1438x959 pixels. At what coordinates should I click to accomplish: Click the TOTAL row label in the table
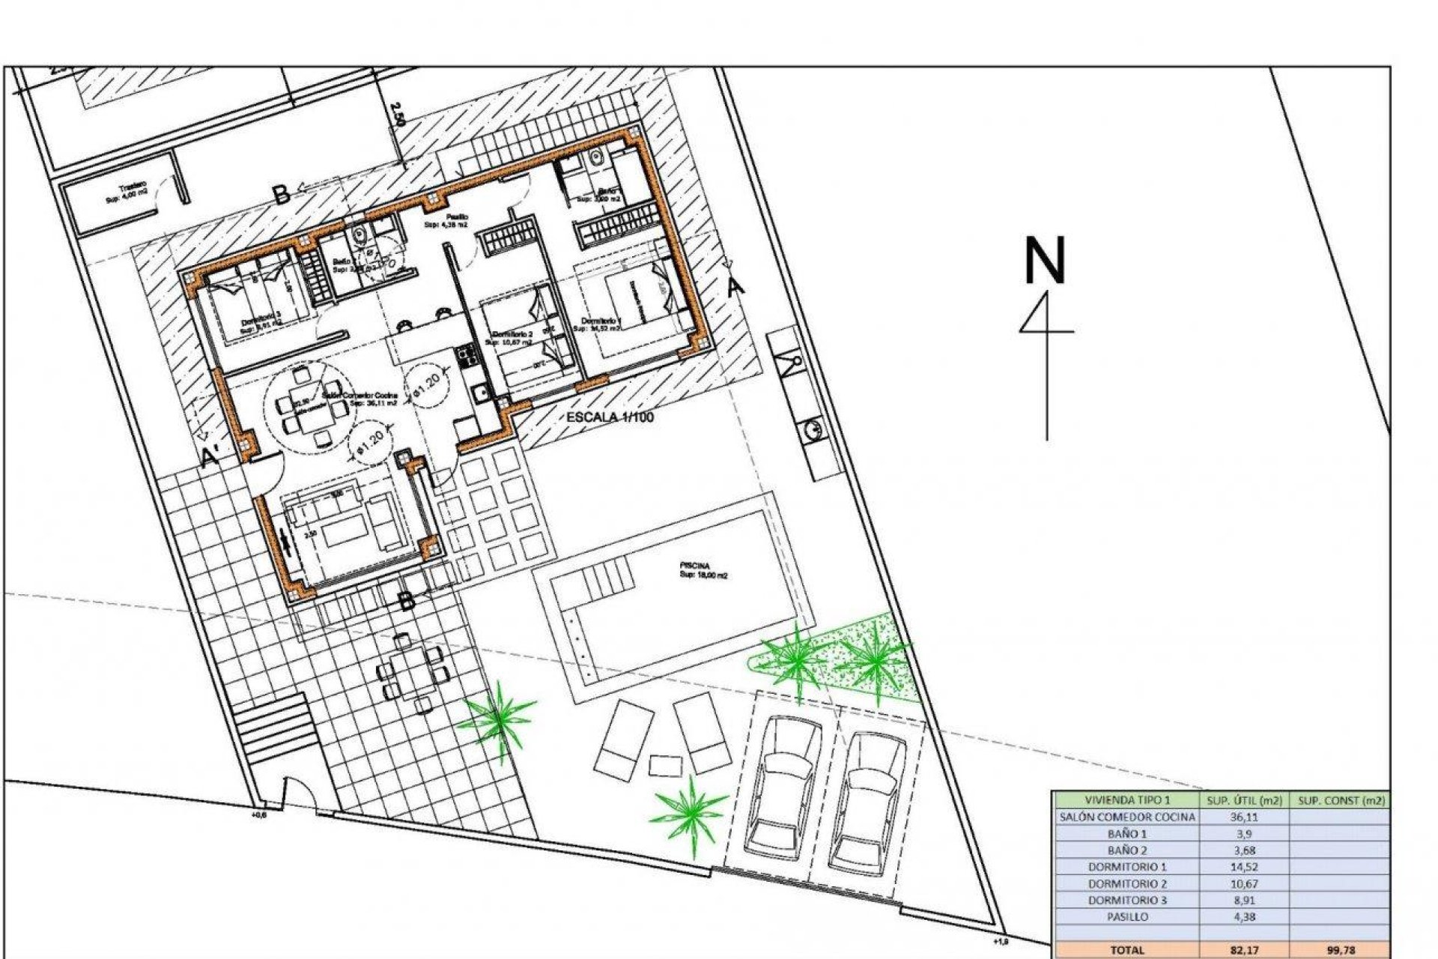(1126, 950)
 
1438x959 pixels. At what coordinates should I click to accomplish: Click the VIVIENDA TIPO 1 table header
(1126, 800)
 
